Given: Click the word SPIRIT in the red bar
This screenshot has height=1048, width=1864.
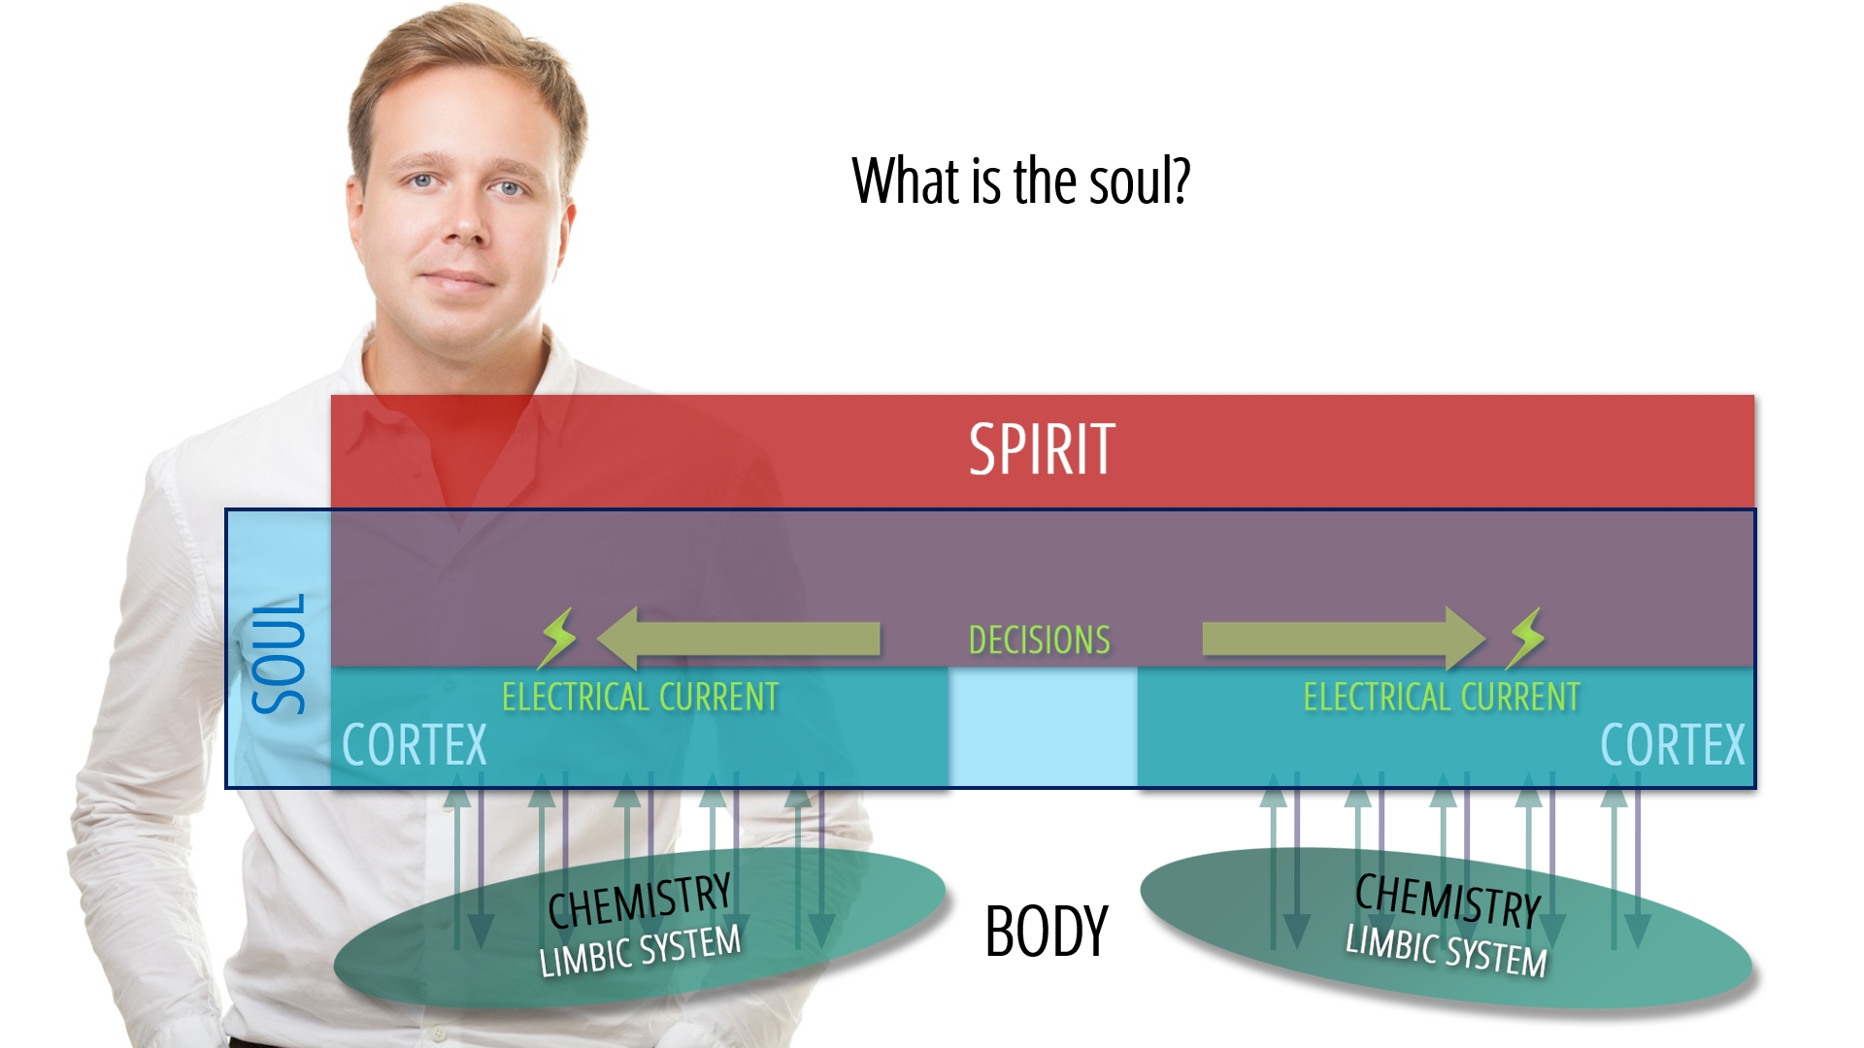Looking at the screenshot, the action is point(1042,449).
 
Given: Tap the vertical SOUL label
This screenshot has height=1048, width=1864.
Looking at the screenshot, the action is point(280,653).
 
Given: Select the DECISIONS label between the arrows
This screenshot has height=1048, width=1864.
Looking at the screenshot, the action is point(1040,640).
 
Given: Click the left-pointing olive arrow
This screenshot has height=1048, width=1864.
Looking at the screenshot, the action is point(739,639).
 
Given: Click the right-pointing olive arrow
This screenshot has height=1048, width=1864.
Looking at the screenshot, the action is point(1345,639).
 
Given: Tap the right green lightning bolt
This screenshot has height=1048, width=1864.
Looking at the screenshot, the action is point(1525,638).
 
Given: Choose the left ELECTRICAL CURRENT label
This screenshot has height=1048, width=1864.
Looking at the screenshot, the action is point(640,697).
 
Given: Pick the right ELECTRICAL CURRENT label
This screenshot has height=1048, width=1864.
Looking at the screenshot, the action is point(1442,697).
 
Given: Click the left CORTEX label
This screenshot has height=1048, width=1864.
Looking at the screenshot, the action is point(415,745).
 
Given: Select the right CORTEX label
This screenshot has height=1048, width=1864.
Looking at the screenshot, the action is point(1673,745).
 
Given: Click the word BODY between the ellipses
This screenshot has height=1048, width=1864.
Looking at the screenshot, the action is point(1047,932).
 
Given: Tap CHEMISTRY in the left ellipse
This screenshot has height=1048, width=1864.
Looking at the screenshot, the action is point(640,901).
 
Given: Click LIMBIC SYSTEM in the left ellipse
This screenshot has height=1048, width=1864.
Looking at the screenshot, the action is point(640,950).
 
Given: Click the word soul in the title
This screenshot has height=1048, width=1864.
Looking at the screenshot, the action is point(1138,181).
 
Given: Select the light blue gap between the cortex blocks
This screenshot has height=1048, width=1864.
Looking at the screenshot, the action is point(1043,727).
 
